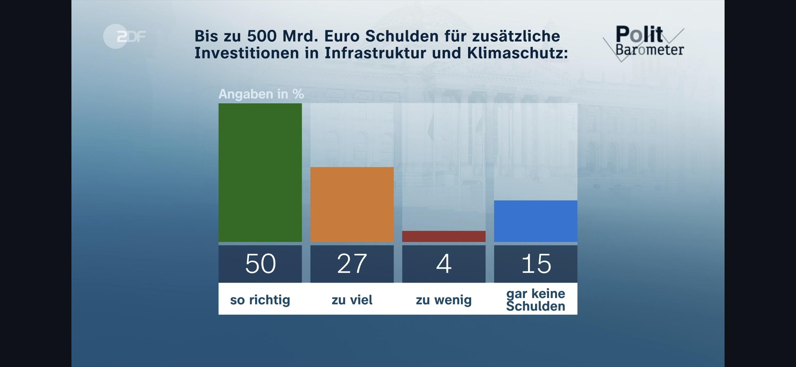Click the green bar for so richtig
click(x=260, y=173)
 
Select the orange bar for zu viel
click(x=352, y=204)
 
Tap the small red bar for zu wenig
click(x=444, y=236)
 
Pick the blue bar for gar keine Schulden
click(x=535, y=221)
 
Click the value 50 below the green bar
click(x=260, y=264)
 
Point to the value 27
click(x=352, y=264)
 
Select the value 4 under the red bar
click(x=444, y=264)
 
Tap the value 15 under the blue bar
click(x=536, y=264)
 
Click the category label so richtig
click(x=260, y=300)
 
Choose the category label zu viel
click(x=352, y=300)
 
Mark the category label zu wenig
click(x=444, y=300)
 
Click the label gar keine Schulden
click(x=535, y=299)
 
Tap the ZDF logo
click(x=125, y=36)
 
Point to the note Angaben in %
click(x=261, y=94)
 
